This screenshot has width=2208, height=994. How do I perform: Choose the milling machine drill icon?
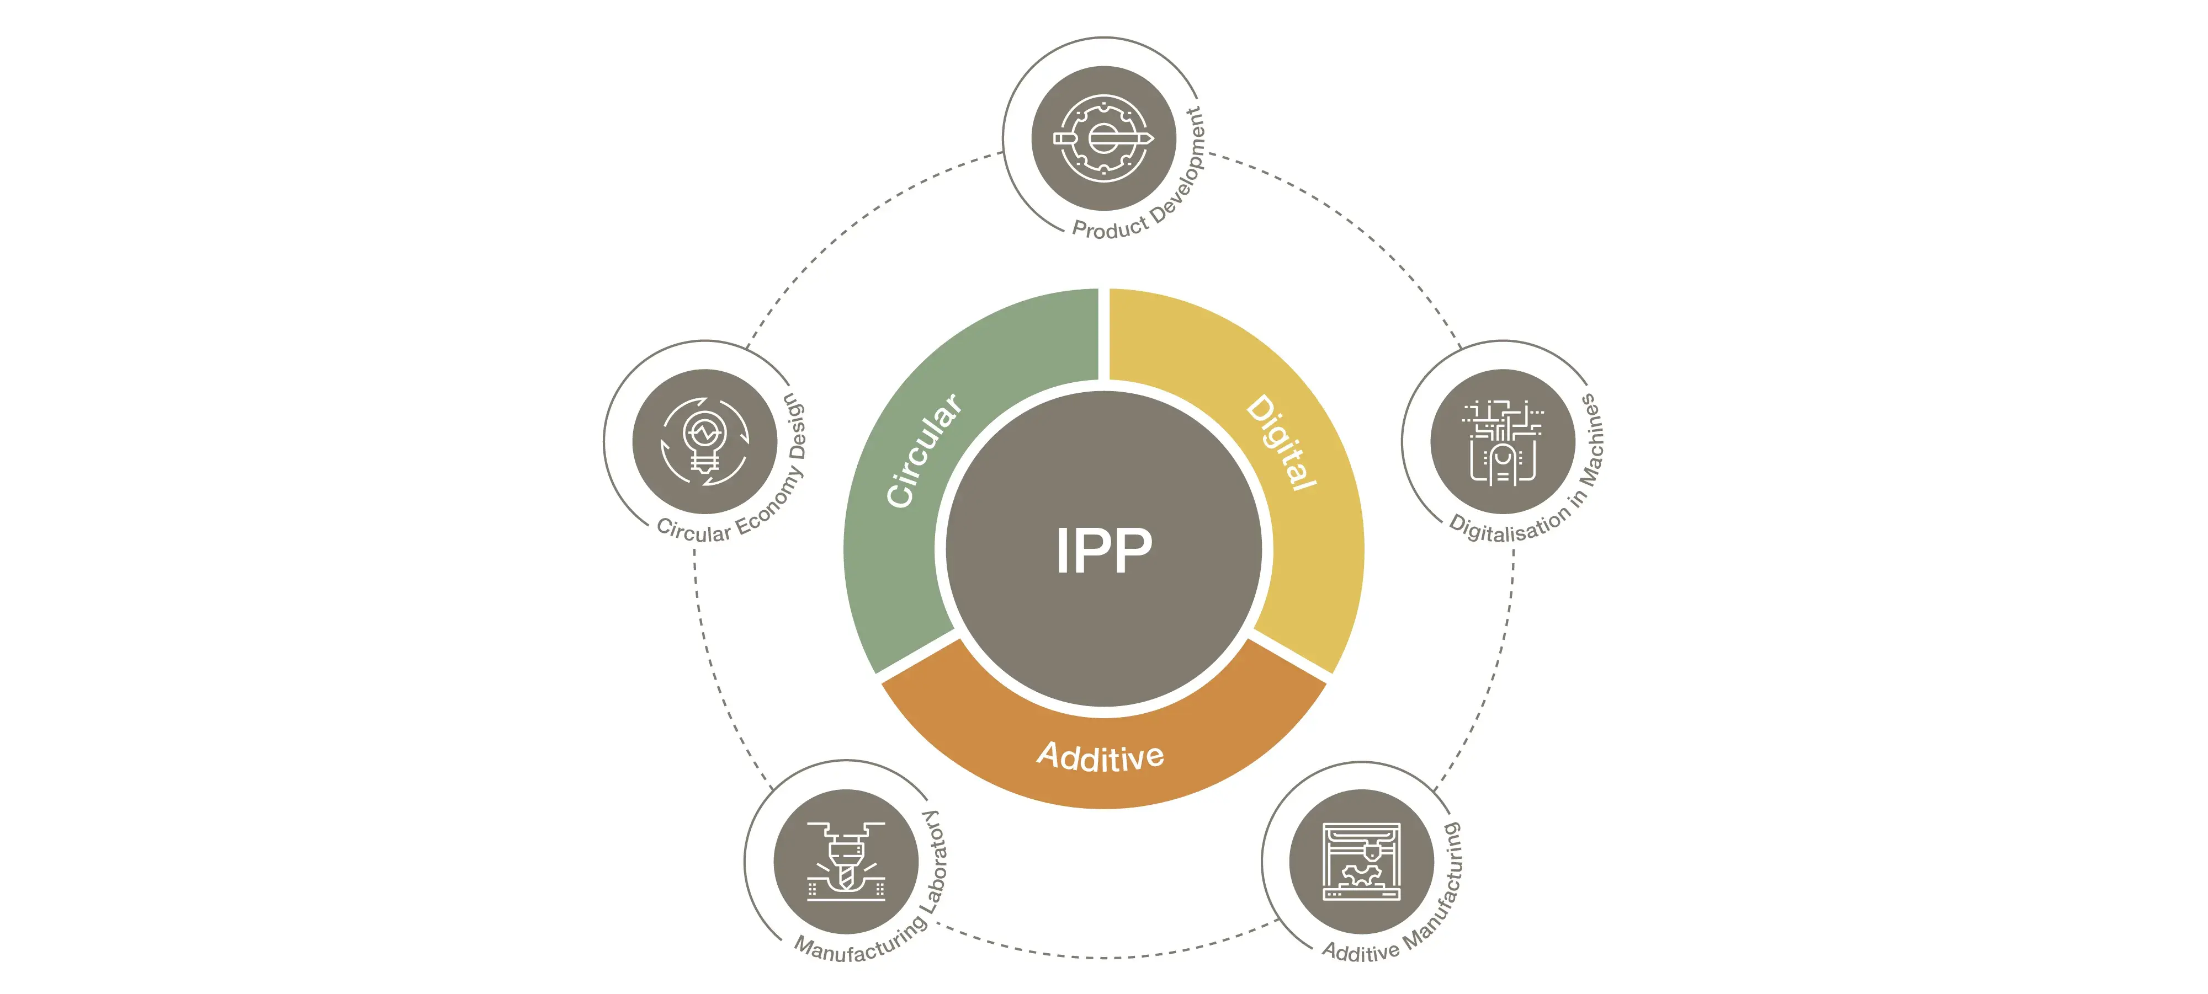pos(846,861)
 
